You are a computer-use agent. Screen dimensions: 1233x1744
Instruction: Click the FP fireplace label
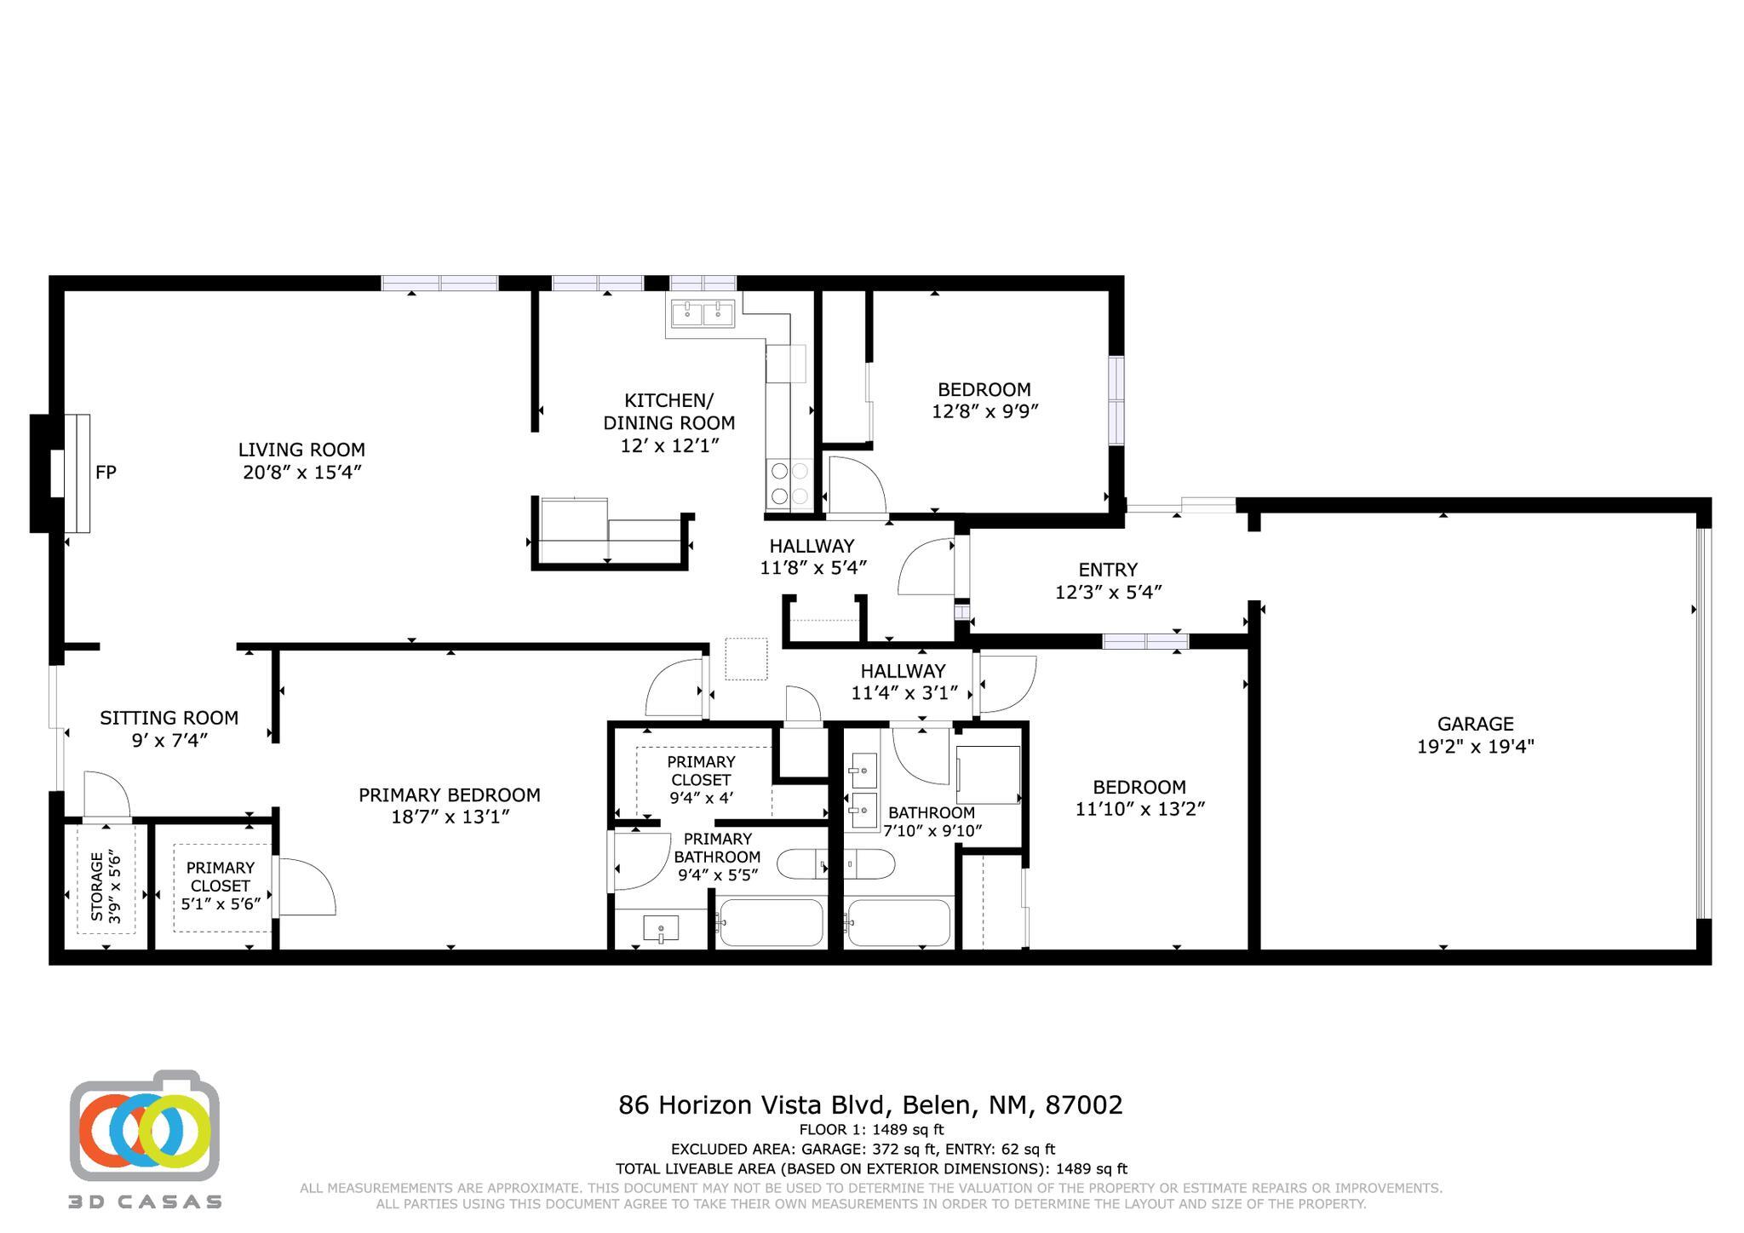[x=106, y=473]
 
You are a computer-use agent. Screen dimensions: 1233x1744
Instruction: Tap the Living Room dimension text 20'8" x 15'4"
[x=302, y=473]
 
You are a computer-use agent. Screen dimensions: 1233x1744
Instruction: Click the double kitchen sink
[x=703, y=314]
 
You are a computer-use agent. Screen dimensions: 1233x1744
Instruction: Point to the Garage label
[x=1475, y=724]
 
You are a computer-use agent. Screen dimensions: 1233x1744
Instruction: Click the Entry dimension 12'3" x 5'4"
[x=1108, y=592]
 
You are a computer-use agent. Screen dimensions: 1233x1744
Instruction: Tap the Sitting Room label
[x=169, y=718]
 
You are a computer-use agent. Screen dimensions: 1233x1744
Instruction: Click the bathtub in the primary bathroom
[x=769, y=923]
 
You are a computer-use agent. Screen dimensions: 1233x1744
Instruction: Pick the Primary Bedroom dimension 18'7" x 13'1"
[x=449, y=817]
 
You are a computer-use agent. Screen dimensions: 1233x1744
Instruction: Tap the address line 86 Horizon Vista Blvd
[x=870, y=1105]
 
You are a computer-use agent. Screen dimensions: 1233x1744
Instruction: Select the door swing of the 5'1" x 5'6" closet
[x=304, y=888]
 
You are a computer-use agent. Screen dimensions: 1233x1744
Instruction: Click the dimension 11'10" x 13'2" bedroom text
[x=1139, y=809]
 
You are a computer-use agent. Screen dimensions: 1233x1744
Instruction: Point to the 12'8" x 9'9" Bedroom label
[x=984, y=390]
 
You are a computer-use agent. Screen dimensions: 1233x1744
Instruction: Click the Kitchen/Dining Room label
[x=668, y=411]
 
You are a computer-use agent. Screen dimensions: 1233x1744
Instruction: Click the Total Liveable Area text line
[x=870, y=1169]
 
